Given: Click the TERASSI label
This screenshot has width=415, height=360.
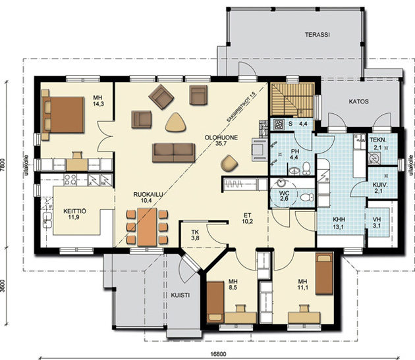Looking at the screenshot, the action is tap(317, 35).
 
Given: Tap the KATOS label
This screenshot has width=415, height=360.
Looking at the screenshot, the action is tap(358, 101).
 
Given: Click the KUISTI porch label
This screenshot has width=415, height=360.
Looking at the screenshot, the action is tap(180, 296).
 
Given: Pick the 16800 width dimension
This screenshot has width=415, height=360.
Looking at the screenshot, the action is tap(218, 354).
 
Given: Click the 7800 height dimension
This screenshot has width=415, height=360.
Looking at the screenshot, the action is tap(3, 166).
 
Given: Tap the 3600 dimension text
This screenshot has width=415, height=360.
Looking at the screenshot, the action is tap(3, 285).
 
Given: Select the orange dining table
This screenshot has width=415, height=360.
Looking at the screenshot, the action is tap(147, 226).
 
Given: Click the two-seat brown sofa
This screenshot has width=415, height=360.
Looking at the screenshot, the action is tap(173, 153).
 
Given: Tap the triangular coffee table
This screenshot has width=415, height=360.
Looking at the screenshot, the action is tap(175, 122).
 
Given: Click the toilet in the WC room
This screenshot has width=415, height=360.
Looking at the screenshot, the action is tap(307, 197).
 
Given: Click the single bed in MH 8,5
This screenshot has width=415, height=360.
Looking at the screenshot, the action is tap(215, 302).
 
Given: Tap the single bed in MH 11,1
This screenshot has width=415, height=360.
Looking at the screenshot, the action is tap(324, 274).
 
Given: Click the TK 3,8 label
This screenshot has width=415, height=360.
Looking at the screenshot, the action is tap(196, 235).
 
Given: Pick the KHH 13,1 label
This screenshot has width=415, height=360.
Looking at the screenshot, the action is tap(339, 222).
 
